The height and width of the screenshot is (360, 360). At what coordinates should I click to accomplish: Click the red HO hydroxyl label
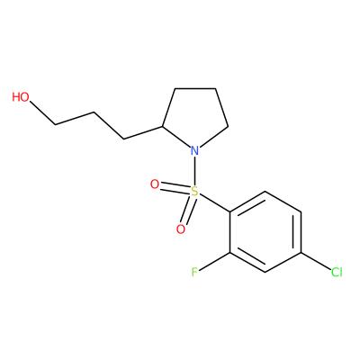(21, 97)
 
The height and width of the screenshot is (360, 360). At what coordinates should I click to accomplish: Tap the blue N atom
(195, 150)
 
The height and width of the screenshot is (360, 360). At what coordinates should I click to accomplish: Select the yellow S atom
(195, 191)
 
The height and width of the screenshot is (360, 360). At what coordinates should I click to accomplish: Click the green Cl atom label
(337, 272)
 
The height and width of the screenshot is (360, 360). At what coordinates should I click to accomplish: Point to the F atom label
(194, 272)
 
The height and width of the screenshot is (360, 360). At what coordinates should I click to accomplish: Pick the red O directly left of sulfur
(155, 184)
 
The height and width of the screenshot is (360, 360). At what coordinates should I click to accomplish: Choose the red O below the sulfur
(181, 229)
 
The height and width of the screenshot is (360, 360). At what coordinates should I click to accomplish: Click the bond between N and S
(195, 170)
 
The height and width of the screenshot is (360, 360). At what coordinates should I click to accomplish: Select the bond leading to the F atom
(215, 261)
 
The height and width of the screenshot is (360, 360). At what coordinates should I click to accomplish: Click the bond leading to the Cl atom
(316, 261)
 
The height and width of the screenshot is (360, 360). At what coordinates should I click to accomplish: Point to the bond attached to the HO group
(43, 113)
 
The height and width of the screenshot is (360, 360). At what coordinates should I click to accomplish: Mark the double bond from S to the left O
(175, 187)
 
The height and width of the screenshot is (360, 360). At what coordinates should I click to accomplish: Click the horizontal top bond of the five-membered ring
(195, 88)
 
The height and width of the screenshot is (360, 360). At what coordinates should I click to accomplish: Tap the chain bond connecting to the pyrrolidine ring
(143, 132)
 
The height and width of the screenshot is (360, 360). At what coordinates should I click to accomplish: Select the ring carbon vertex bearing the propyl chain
(162, 126)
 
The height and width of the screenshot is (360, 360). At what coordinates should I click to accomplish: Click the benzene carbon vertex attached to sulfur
(230, 211)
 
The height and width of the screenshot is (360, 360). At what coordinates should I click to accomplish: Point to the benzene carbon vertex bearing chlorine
(301, 253)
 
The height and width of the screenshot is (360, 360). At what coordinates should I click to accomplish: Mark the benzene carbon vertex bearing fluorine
(230, 253)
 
